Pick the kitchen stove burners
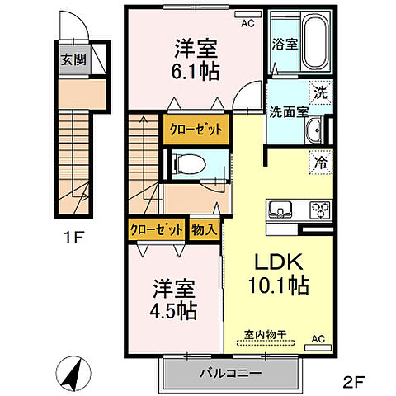[318, 210]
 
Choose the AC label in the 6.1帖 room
[247, 24]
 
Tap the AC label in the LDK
[318, 339]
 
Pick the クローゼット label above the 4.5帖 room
[157, 229]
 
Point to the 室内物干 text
[263, 334]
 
